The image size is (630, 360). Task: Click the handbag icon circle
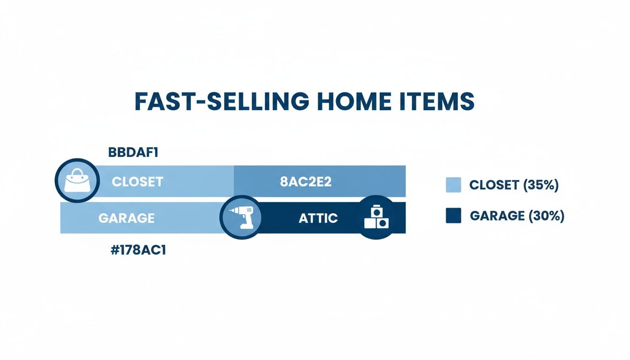click(x=77, y=181)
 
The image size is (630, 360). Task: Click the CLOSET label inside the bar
click(x=137, y=182)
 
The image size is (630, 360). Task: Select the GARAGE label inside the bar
click(x=126, y=218)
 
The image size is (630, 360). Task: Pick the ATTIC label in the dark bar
click(x=318, y=218)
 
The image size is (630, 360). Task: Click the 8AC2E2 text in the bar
click(x=306, y=182)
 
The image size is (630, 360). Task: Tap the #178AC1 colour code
click(x=138, y=250)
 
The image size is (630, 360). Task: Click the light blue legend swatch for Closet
click(x=453, y=185)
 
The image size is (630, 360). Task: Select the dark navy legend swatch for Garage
click(x=453, y=216)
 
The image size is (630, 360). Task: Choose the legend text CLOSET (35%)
click(x=514, y=185)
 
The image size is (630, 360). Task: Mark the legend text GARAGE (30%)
click(x=517, y=216)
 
